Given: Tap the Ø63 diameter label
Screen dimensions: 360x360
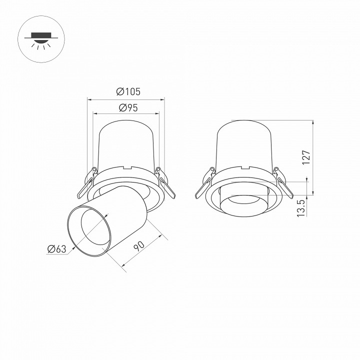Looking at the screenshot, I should click(x=56, y=249).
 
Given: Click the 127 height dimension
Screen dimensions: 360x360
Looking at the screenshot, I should click(x=307, y=157).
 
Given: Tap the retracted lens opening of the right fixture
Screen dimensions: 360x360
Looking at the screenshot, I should click(x=245, y=204).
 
